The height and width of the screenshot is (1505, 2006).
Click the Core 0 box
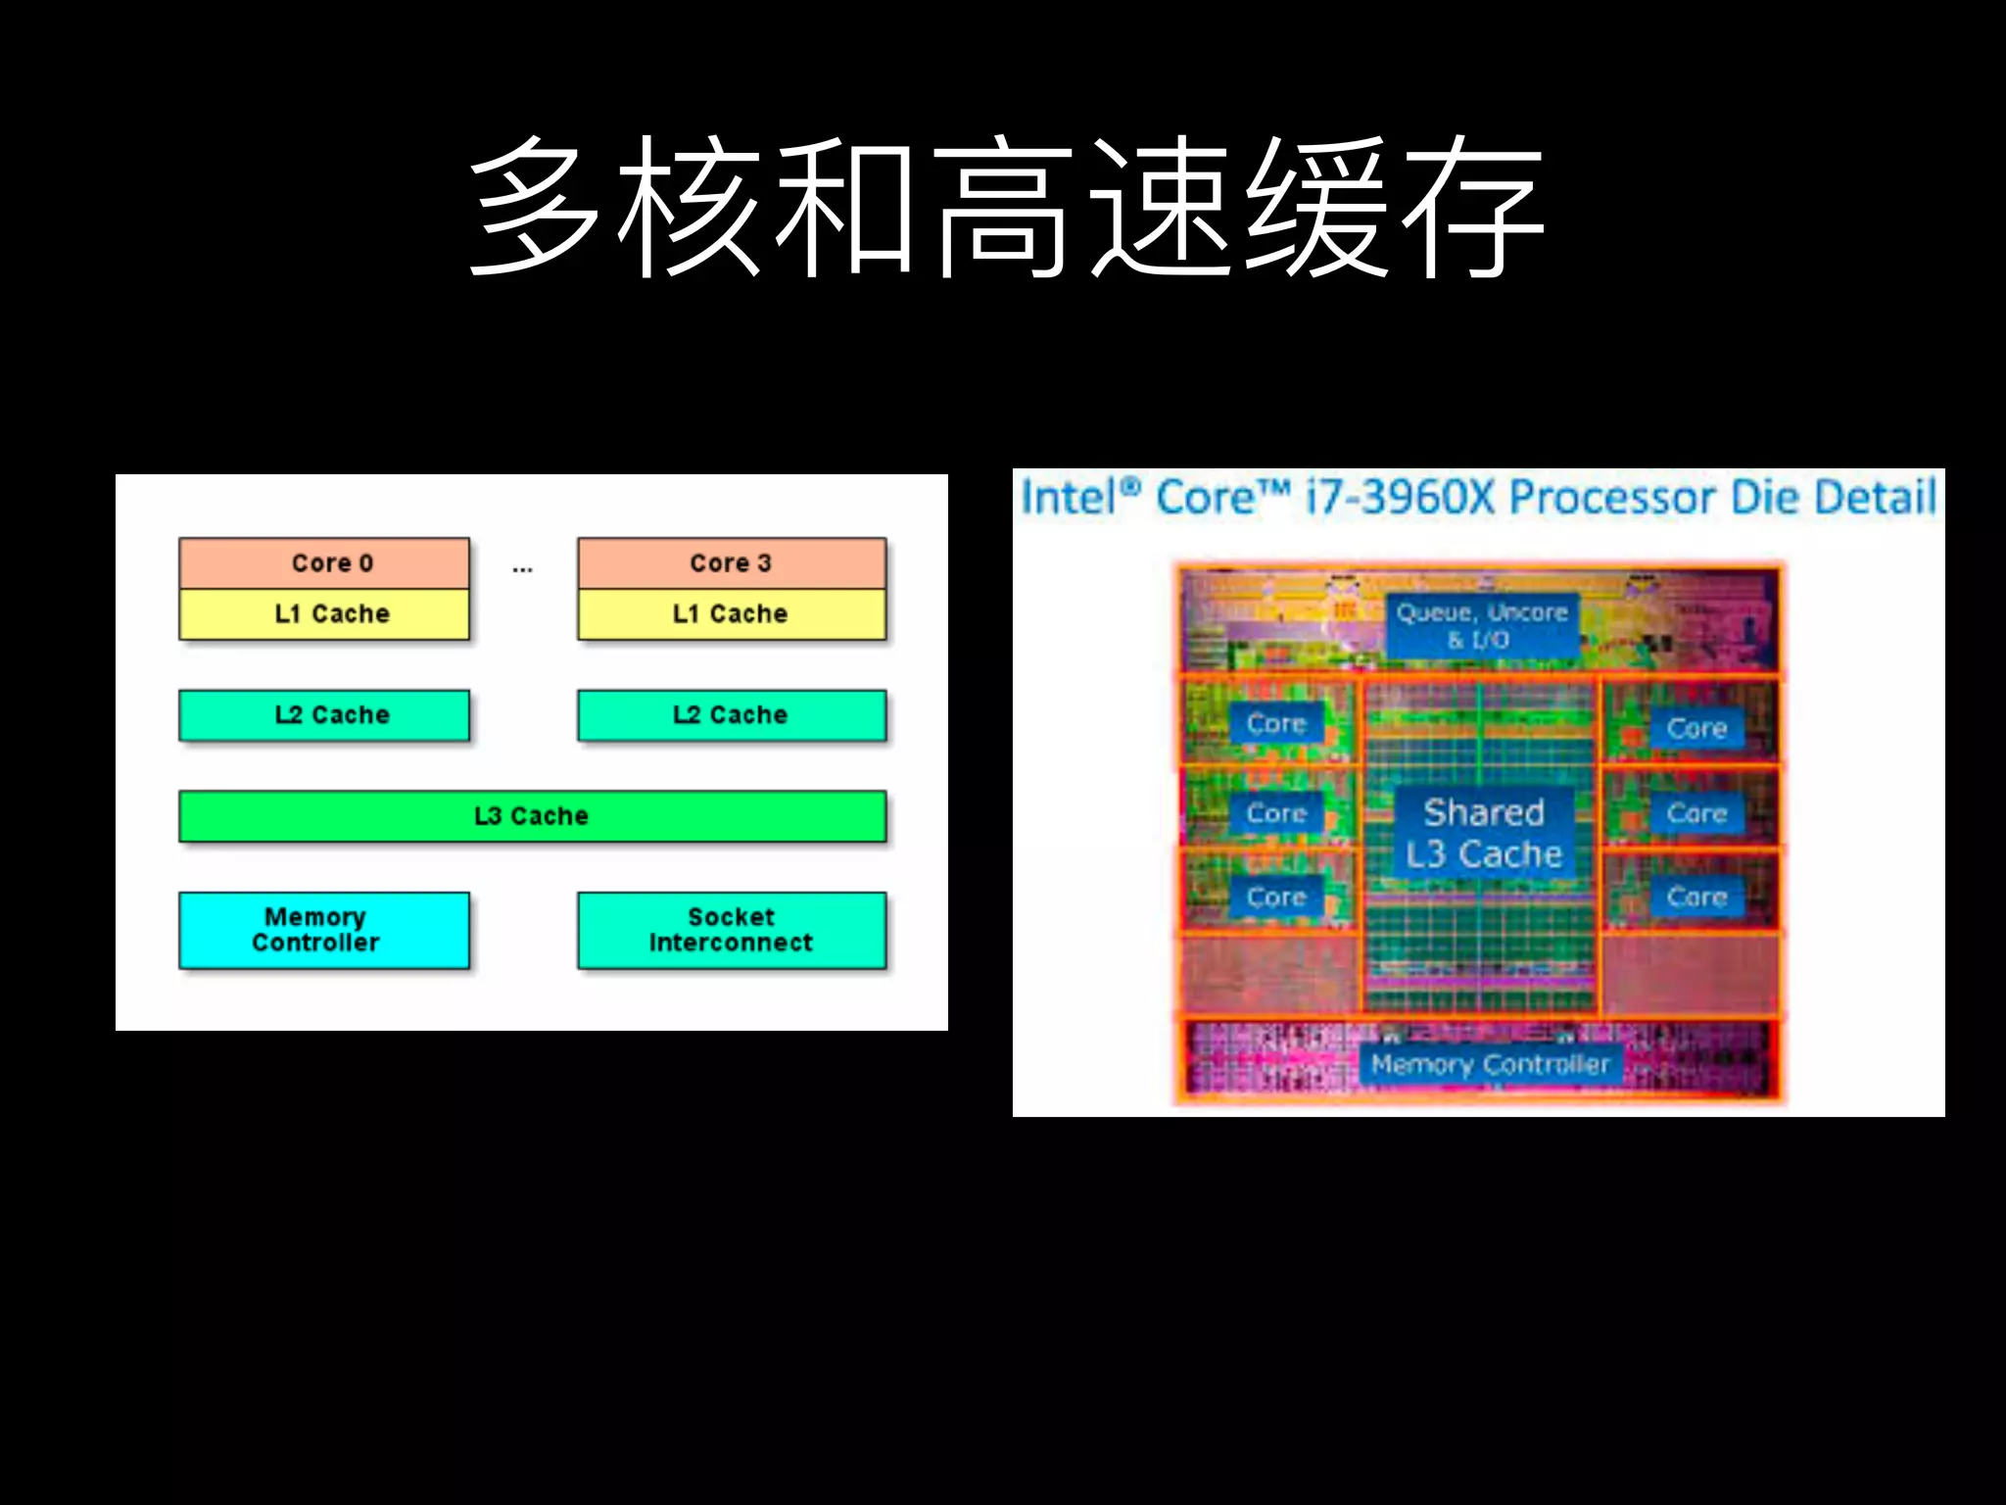[324, 563]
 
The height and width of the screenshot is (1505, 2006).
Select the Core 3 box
[732, 563]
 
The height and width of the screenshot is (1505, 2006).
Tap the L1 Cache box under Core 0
[324, 614]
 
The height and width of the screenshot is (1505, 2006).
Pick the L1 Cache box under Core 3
[732, 614]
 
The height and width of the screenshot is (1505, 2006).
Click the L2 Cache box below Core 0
[324, 715]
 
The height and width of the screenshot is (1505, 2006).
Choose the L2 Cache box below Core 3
[732, 715]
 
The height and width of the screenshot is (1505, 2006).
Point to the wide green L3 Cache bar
[532, 816]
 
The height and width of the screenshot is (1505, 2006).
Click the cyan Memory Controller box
[324, 930]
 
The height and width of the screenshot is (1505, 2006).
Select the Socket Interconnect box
[732, 930]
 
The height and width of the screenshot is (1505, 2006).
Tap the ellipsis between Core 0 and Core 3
[523, 568]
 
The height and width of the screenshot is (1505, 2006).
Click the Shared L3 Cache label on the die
[1484, 834]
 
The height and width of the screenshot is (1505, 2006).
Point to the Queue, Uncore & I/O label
[1482, 625]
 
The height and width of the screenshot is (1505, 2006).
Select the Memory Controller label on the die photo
[1490, 1064]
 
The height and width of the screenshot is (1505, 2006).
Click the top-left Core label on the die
[1276, 724]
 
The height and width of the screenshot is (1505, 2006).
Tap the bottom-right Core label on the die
[1697, 897]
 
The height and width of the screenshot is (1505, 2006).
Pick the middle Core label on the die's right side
[1697, 813]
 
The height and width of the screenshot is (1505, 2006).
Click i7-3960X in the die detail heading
[1401, 498]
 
